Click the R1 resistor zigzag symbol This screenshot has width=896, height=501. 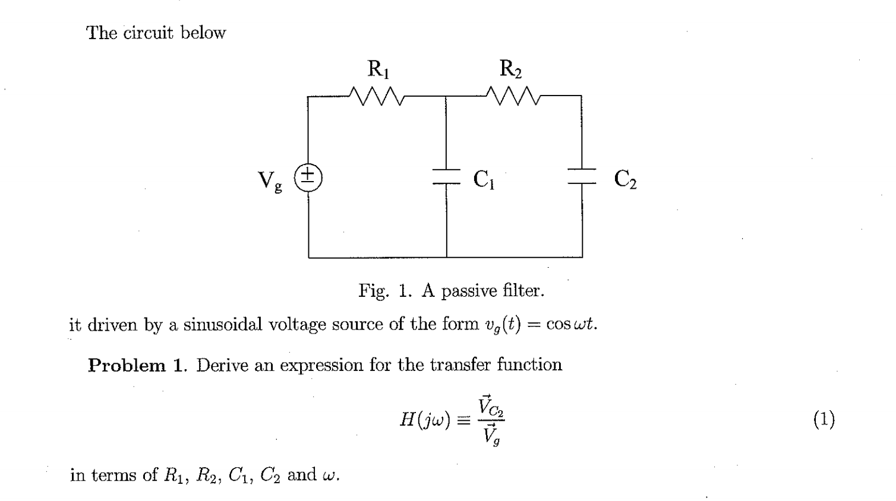click(378, 95)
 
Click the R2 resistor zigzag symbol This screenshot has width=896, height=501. click(512, 95)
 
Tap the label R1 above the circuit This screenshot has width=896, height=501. click(378, 69)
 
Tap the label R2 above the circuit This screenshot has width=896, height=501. click(510, 69)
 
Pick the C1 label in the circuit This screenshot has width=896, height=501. click(484, 179)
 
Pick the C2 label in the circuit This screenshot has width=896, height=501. click(625, 179)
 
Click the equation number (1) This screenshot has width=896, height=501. click(824, 420)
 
